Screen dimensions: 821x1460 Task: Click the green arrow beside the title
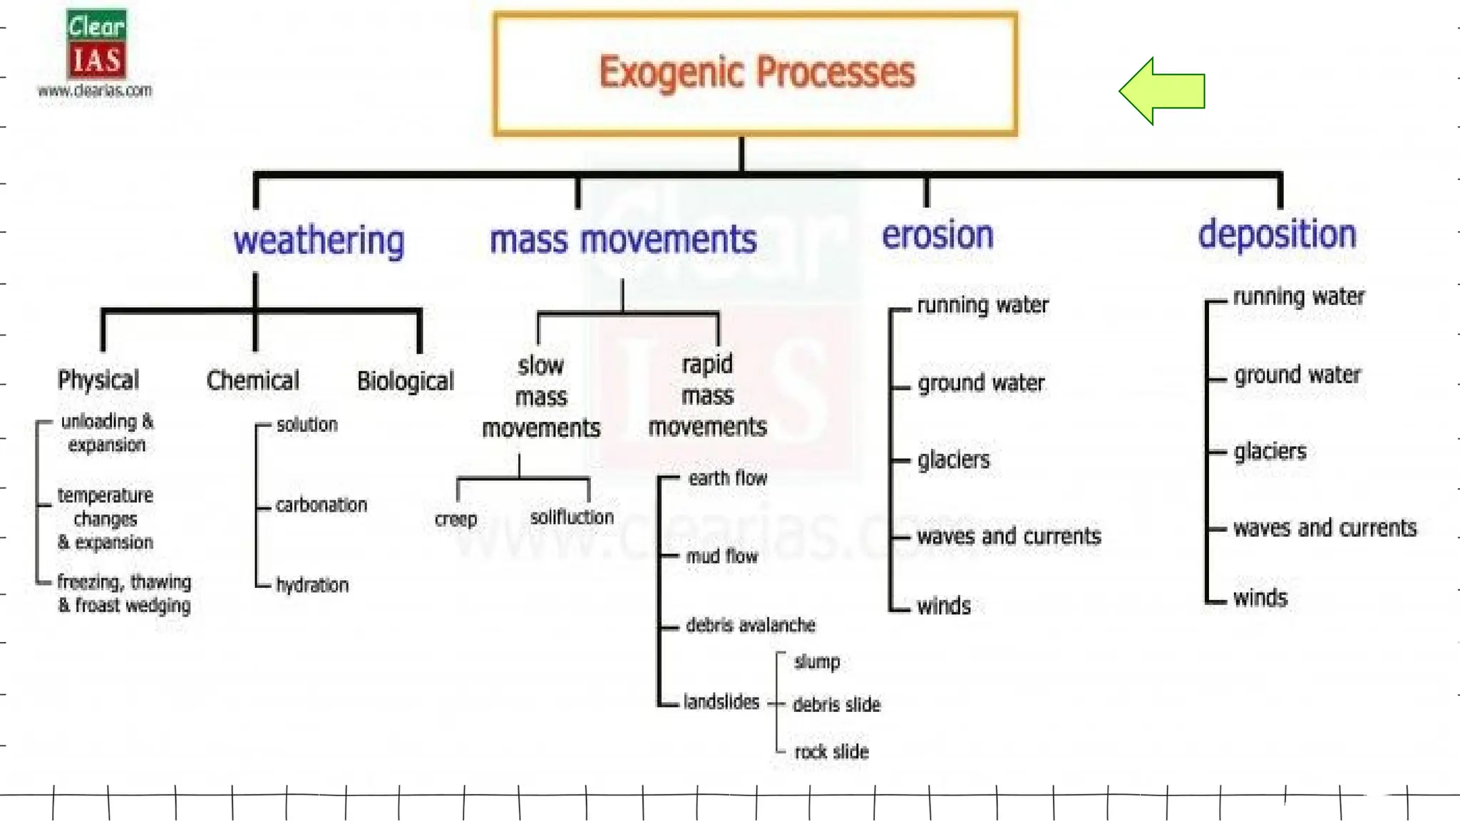pos(1163,91)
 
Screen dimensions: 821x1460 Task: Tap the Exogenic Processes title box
pos(756,73)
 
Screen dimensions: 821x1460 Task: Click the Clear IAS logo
pos(96,44)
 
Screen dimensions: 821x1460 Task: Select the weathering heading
pos(319,240)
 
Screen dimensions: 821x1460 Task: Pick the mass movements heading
pos(622,239)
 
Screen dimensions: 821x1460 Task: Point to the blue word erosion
pos(937,235)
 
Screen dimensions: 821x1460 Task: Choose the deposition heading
pos(1277,234)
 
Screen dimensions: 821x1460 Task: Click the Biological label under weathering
pos(405,381)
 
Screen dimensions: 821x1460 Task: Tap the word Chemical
pos(252,380)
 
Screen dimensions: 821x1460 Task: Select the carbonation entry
pos(321,505)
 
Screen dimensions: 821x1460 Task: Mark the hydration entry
pos(312,585)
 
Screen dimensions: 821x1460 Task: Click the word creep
pos(456,519)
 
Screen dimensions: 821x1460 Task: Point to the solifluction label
pos(572,517)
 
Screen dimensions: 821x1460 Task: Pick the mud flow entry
pos(721,556)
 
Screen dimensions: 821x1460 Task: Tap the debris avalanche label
pos(750,625)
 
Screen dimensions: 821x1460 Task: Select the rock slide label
pos(831,752)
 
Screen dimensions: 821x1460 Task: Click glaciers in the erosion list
pos(953,460)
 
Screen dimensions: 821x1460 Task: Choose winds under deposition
pos(1260,597)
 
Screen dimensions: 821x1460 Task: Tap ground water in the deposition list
pos(1297,375)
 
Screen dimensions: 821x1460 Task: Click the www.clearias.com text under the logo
pos(95,91)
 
